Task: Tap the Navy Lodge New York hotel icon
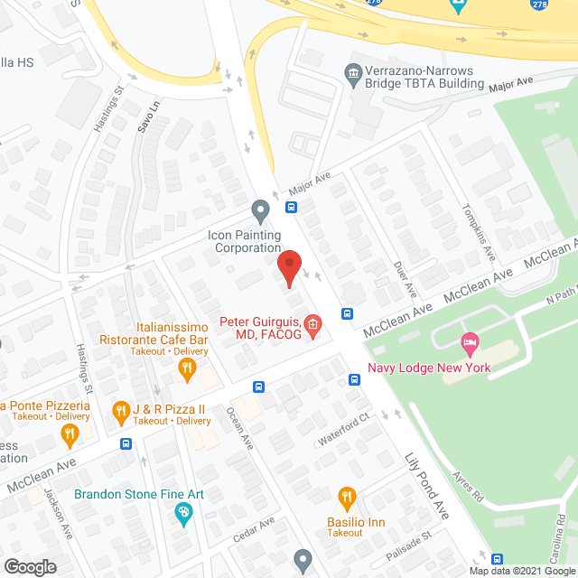(x=469, y=343)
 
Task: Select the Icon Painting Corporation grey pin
(x=260, y=211)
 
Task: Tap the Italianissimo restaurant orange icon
(x=187, y=367)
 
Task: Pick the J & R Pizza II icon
(x=120, y=413)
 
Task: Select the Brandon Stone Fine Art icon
(x=183, y=513)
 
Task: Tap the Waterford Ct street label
(x=345, y=430)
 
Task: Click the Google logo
(x=29, y=566)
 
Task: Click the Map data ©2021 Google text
(x=521, y=571)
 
